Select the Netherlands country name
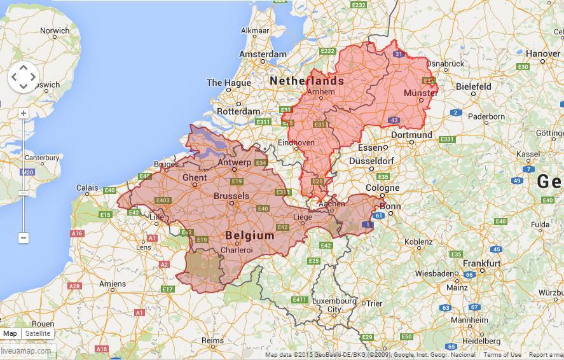point(306,81)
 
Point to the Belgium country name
point(250,235)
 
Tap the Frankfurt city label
point(481,263)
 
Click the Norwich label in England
point(55,31)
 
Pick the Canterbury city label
point(42,157)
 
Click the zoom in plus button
point(24,114)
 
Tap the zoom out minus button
point(24,238)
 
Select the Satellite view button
point(38,333)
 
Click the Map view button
point(10,333)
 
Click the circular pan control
point(24,77)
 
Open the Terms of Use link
point(502,355)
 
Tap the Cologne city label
point(382,188)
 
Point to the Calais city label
point(87,188)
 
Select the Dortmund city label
point(411,135)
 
